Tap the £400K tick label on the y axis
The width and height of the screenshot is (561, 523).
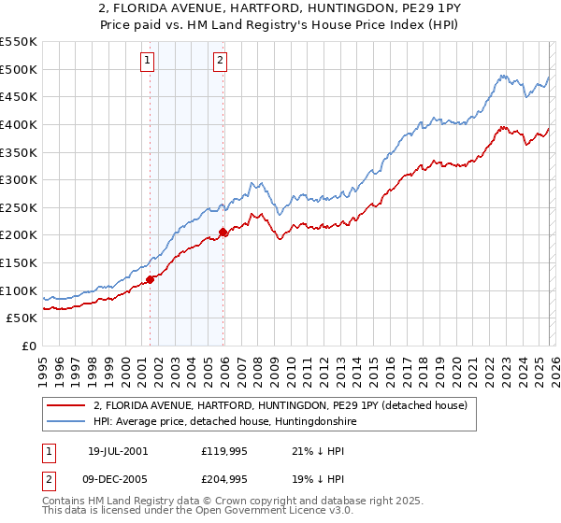point(19,124)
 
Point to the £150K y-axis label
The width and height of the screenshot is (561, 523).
point(19,262)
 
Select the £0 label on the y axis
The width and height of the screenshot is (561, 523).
point(28,346)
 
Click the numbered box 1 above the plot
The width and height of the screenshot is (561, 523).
point(148,62)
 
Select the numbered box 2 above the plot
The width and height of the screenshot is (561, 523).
point(220,62)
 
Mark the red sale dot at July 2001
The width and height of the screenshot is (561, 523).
point(151,278)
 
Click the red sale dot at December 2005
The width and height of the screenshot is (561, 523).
point(223,232)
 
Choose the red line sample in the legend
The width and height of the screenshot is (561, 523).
point(67,405)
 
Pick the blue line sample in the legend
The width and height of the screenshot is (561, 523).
point(67,422)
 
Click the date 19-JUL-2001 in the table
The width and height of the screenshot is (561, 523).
point(117,450)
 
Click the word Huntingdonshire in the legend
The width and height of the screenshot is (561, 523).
point(313,422)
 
